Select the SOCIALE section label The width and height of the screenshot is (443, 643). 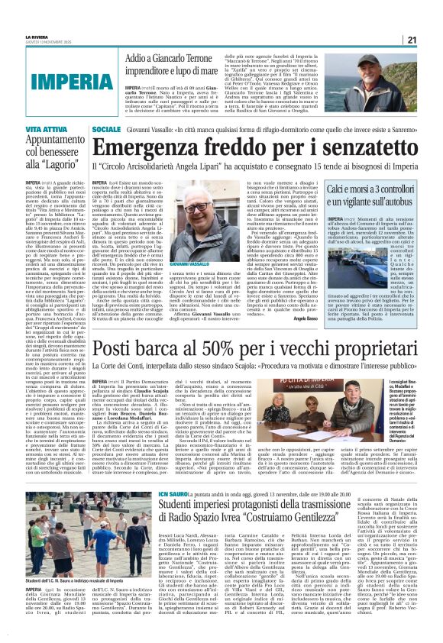pyautogui.click(x=106, y=131)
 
